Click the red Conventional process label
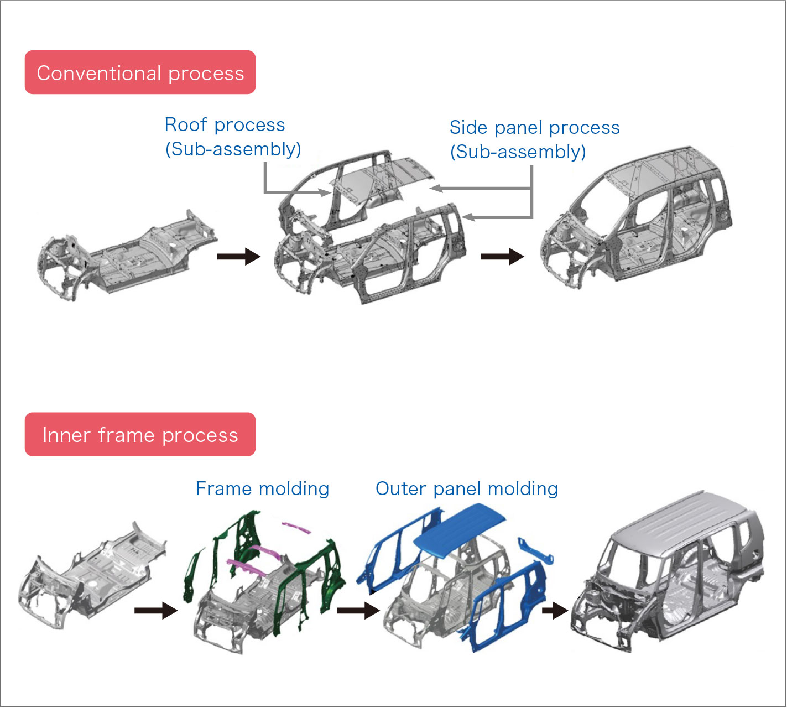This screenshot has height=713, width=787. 140,72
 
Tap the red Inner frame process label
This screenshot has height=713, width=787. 140,435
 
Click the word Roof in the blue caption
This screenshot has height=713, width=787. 186,125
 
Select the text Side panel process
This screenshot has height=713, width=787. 534,128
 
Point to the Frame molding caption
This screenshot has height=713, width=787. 262,489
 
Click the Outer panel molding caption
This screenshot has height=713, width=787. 466,489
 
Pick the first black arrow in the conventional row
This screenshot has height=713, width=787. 238,257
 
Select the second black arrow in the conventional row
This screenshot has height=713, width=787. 502,257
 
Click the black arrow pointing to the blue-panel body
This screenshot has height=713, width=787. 358,611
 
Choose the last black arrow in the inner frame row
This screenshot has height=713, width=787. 555,611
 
